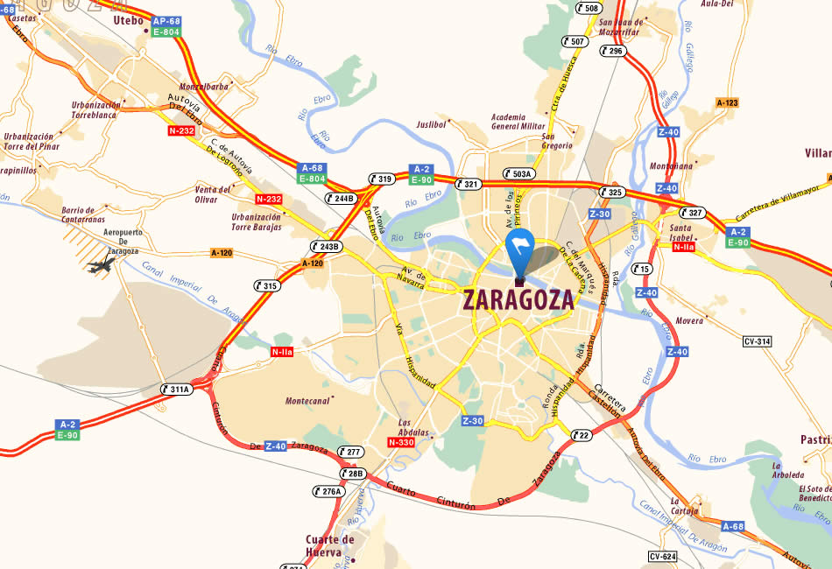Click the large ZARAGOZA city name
518,299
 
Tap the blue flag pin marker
519,251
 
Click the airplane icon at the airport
102,263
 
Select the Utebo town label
128,20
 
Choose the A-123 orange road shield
727,102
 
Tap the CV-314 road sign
756,341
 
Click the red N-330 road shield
400,443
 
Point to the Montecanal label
309,400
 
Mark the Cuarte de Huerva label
329,545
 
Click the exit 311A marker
176,389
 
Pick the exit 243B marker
325,246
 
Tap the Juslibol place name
431,125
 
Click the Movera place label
689,321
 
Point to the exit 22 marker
580,435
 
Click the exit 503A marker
518,173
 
